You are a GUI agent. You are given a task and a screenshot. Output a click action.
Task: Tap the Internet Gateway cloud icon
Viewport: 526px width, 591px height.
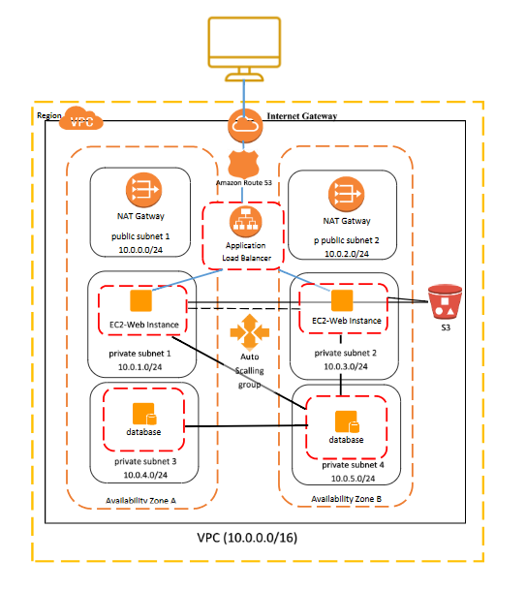click(241, 126)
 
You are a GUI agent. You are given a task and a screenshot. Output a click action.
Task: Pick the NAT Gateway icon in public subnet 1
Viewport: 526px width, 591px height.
click(139, 190)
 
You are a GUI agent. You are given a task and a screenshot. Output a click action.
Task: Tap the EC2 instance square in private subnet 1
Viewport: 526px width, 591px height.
click(141, 300)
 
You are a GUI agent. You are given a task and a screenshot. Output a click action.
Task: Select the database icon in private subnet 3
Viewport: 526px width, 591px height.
click(141, 413)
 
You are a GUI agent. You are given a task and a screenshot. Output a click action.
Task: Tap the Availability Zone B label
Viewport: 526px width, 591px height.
click(348, 499)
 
